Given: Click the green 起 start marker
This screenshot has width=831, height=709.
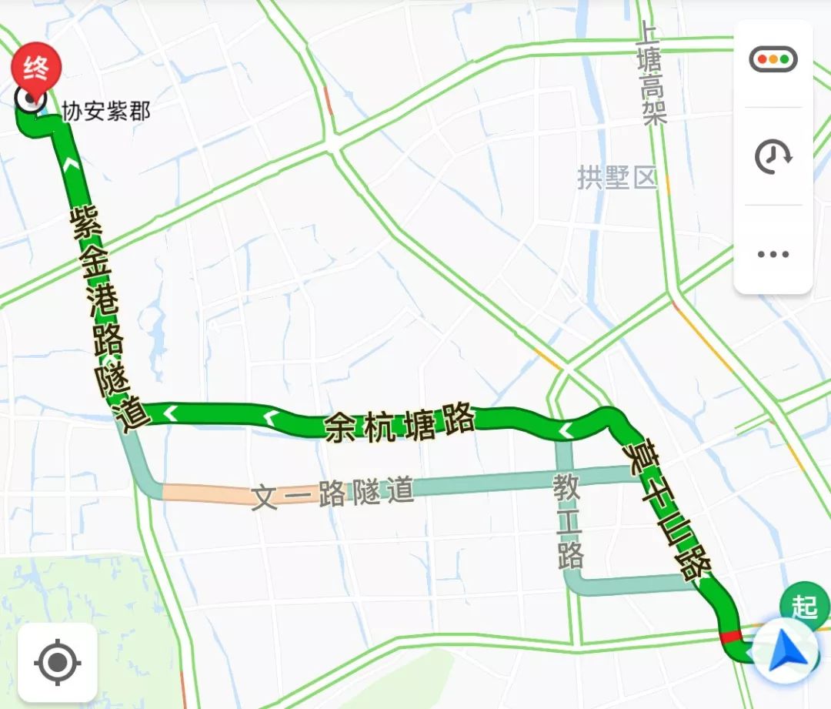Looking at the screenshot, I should [x=803, y=606].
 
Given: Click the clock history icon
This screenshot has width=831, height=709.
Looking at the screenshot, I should [x=773, y=157].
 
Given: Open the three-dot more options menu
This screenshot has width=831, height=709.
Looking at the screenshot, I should [x=773, y=254].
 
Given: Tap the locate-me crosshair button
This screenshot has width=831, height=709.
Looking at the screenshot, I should [x=57, y=661].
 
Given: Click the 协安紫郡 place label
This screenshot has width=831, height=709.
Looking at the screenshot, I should [x=106, y=112].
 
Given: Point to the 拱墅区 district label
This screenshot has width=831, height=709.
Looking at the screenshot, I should [x=617, y=178].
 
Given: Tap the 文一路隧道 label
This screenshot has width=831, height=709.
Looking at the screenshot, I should [x=333, y=493].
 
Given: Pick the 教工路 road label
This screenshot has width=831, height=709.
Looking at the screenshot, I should [x=569, y=520].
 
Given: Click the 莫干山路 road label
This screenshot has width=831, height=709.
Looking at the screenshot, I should [x=669, y=507].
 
